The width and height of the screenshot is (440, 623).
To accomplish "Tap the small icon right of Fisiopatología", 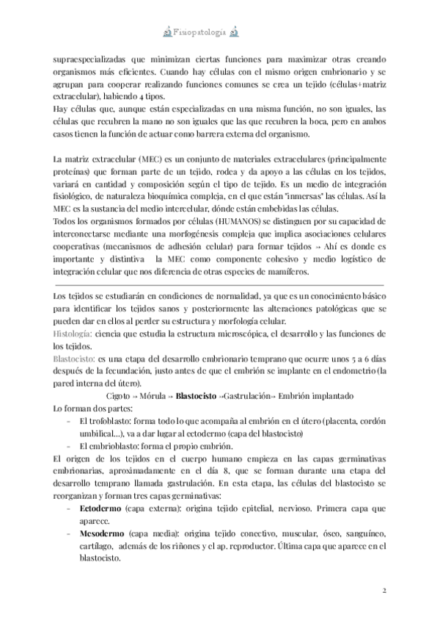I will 234,32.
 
